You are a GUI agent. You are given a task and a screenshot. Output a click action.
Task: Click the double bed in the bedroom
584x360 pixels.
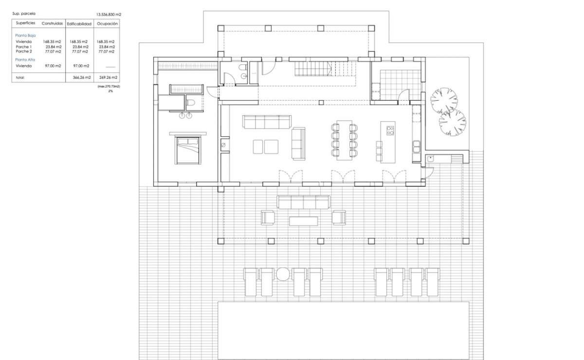tap(188, 150)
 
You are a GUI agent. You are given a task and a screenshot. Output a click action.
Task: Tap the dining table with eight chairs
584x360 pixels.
tap(344, 140)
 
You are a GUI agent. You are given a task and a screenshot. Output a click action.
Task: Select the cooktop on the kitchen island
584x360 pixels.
tap(390, 130)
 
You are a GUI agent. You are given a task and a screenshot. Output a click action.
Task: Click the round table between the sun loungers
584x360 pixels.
tap(283, 274)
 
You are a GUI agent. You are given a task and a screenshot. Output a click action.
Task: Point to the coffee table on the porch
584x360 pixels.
tap(304, 221)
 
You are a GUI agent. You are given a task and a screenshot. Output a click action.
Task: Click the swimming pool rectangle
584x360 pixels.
tap(344, 330)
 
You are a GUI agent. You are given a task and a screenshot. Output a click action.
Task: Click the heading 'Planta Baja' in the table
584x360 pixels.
tap(25, 36)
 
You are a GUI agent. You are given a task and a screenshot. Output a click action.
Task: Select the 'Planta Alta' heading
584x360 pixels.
tap(25, 60)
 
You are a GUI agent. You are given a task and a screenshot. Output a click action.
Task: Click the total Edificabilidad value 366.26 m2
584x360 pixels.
tap(82, 77)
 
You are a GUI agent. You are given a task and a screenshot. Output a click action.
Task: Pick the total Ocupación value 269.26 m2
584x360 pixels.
tap(108, 77)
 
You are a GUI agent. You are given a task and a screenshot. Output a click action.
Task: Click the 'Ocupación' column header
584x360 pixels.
tap(107, 24)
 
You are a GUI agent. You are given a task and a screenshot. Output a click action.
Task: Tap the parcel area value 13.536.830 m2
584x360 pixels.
tap(109, 15)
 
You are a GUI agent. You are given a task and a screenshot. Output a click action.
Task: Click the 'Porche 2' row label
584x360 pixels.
tap(24, 52)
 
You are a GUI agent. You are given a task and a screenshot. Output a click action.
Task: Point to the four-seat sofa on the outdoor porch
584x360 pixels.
tap(304, 202)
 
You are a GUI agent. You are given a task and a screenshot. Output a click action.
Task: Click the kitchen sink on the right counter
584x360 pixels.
tap(416, 146)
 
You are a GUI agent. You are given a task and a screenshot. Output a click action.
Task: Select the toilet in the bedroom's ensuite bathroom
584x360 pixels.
tap(191, 103)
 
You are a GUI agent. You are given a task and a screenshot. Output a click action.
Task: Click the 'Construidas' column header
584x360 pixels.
tap(52, 23)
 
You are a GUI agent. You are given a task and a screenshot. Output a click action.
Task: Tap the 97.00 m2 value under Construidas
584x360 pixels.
tap(53, 66)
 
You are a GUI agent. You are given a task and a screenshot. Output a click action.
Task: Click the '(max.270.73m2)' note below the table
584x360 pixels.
tap(109, 86)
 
